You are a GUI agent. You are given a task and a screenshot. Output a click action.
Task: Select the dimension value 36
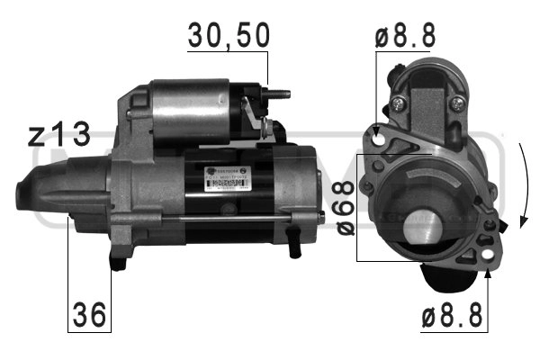[89, 314]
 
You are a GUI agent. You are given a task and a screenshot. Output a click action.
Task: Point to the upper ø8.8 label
[405, 36]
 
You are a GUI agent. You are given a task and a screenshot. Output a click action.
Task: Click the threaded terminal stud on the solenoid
[279, 92]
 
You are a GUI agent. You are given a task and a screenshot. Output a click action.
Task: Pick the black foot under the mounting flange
[117, 261]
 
